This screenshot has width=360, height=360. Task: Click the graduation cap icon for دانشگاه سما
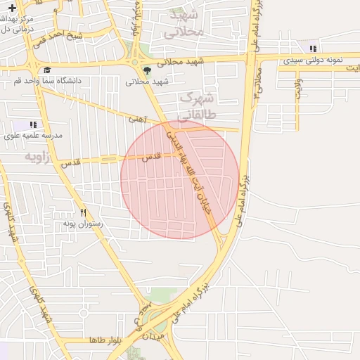pyautogui.click(x=47, y=70)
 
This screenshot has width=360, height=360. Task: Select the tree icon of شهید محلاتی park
pyautogui.click(x=147, y=70)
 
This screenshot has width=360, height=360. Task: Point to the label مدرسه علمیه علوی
pyautogui.click(x=34, y=135)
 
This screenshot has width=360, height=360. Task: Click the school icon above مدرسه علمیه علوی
pyautogui.click(x=33, y=124)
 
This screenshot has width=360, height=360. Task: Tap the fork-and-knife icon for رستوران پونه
pyautogui.click(x=83, y=212)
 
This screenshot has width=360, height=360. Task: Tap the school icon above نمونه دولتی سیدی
pyautogui.click(x=313, y=49)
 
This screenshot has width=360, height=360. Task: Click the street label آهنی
pyautogui.click(x=136, y=120)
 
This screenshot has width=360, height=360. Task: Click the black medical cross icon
pyautogui.click(x=12, y=8)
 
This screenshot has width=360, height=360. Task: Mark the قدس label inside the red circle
pyautogui.click(x=152, y=157)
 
